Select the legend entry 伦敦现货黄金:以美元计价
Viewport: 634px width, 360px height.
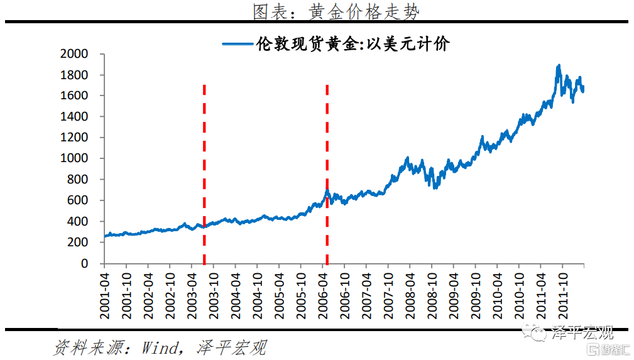(x=352, y=44)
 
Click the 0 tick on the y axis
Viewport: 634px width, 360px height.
(x=84, y=264)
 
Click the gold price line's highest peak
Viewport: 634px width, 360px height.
(x=559, y=65)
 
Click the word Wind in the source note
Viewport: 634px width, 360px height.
(x=160, y=347)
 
